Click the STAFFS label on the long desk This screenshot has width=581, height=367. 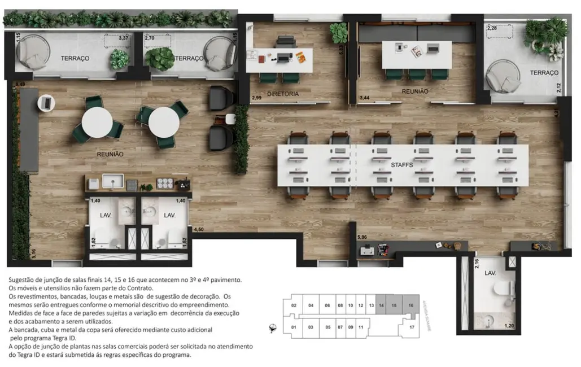point(403,164)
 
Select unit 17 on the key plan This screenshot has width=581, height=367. point(412,327)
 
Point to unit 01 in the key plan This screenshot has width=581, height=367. point(294,327)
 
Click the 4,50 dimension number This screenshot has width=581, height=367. point(198,230)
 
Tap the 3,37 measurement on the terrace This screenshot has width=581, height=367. point(123,38)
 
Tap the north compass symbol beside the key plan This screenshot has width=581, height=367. point(273,327)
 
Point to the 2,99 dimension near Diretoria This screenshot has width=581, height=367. point(256,98)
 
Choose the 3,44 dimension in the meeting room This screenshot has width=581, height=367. point(366,98)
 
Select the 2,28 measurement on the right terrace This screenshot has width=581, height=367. point(492,28)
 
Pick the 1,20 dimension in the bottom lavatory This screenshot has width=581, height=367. point(509,326)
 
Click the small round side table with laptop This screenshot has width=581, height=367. point(46,103)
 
